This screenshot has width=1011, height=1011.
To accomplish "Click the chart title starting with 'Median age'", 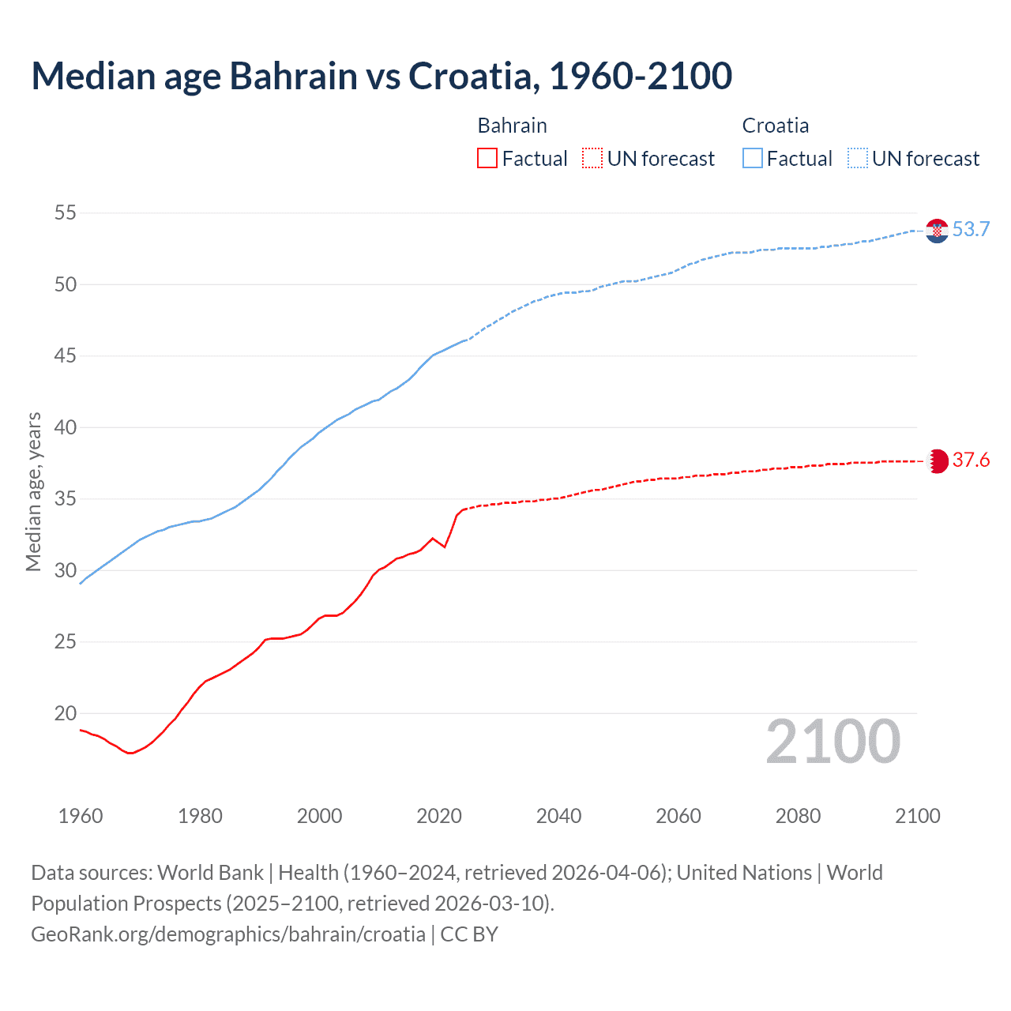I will pyautogui.click(x=381, y=76).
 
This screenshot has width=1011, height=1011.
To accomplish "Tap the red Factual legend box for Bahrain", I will pyautogui.click(x=487, y=158).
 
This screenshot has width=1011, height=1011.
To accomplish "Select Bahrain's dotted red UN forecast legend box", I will pyautogui.click(x=592, y=158).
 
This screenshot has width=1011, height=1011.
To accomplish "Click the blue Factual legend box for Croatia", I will pyautogui.click(x=753, y=158).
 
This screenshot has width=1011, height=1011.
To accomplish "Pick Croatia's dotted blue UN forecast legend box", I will pyautogui.click(x=857, y=158).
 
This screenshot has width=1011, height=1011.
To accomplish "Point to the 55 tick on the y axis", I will pyautogui.click(x=66, y=212).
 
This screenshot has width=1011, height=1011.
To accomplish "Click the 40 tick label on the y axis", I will pyautogui.click(x=66, y=427).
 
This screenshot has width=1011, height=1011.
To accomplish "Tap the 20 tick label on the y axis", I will pyautogui.click(x=66, y=713).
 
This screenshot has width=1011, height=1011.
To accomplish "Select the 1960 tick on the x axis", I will pyautogui.click(x=81, y=816).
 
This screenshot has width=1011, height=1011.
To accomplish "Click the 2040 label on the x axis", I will pyautogui.click(x=558, y=816).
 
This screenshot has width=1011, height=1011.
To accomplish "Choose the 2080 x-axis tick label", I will pyautogui.click(x=798, y=816).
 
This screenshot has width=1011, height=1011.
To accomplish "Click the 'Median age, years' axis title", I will pyautogui.click(x=33, y=491).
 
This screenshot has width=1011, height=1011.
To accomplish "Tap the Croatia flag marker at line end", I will pyautogui.click(x=937, y=231).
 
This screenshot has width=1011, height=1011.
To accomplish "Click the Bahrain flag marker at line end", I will pyautogui.click(x=937, y=461).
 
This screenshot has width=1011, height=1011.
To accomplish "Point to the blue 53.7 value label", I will pyautogui.click(x=971, y=230).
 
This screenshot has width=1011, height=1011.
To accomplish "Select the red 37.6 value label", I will pyautogui.click(x=971, y=460).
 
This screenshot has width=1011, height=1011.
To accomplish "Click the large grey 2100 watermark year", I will pyautogui.click(x=832, y=741).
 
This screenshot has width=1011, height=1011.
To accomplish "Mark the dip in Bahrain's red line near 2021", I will pyautogui.click(x=445, y=547).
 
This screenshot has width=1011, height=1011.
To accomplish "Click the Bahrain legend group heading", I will pyautogui.click(x=512, y=126).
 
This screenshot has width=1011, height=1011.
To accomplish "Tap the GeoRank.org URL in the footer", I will pyautogui.click(x=228, y=934).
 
